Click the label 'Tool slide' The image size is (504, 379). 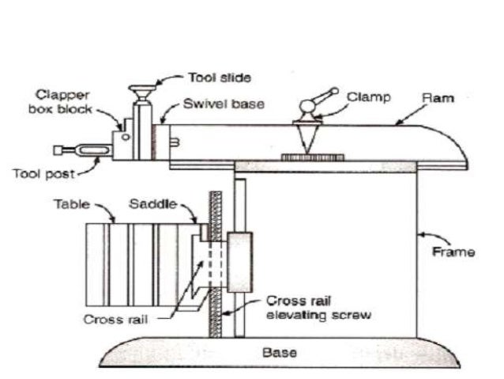(x=220, y=78)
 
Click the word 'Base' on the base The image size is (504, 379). (x=277, y=352)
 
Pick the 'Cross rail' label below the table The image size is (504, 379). (x=117, y=319)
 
